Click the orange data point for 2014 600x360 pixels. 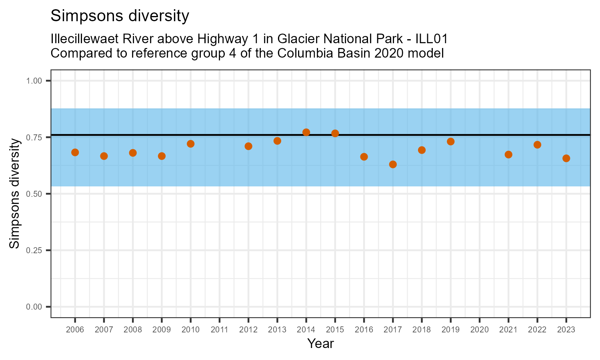coord(306,132)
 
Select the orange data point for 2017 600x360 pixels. coord(393,164)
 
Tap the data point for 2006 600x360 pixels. coord(75,152)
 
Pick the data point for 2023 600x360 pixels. coord(566,158)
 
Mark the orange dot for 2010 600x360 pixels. coord(190,144)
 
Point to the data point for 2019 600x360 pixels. coord(450,142)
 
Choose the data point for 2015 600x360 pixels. coord(335,133)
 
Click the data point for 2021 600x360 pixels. coord(508,154)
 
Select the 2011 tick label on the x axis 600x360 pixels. coord(219,330)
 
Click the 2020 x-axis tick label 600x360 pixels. coord(479,330)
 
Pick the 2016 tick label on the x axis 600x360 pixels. coord(364,330)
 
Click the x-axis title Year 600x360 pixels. coord(320,344)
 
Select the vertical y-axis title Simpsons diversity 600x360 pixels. coord(15,193)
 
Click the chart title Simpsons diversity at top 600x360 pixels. coord(120,16)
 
